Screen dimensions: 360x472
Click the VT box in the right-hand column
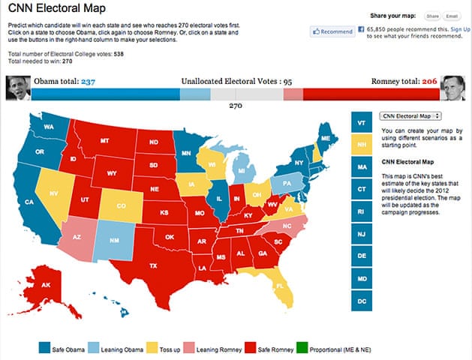coord(362,123)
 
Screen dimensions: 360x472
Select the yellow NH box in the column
coord(362,145)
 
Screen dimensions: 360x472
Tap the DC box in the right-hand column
coord(362,300)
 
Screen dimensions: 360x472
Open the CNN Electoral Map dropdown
coord(410,116)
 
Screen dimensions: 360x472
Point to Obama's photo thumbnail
coord(17,88)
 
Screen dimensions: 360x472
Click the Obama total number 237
coord(87,82)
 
